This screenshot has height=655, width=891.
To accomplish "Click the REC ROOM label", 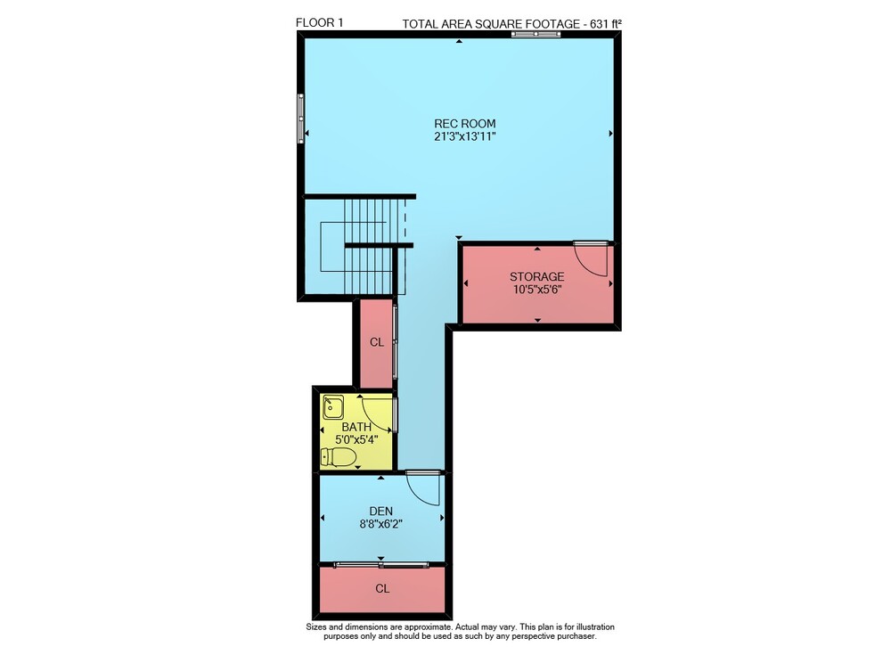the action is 465,123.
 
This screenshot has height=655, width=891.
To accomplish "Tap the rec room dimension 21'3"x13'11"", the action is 465,136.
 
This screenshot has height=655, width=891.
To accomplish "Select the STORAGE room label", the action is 537,276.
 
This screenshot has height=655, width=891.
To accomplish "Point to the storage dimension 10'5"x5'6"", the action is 537,290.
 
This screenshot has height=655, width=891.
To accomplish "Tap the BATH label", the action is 357,427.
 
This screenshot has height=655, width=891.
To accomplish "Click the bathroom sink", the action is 332,407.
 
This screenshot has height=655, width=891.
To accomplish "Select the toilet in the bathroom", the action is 339,456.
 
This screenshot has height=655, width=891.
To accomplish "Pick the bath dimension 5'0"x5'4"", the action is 357,439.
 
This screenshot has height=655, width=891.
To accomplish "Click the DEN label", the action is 380,512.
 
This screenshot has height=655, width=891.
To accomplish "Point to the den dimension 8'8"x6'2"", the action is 380,524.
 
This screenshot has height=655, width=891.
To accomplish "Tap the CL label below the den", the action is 382,588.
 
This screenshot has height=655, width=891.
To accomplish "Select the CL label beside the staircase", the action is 377,342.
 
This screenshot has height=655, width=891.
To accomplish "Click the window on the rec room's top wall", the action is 535,34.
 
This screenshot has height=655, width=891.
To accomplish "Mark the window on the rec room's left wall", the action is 300,119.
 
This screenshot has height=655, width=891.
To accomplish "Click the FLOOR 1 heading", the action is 319,23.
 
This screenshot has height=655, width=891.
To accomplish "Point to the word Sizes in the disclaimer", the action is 316,626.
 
